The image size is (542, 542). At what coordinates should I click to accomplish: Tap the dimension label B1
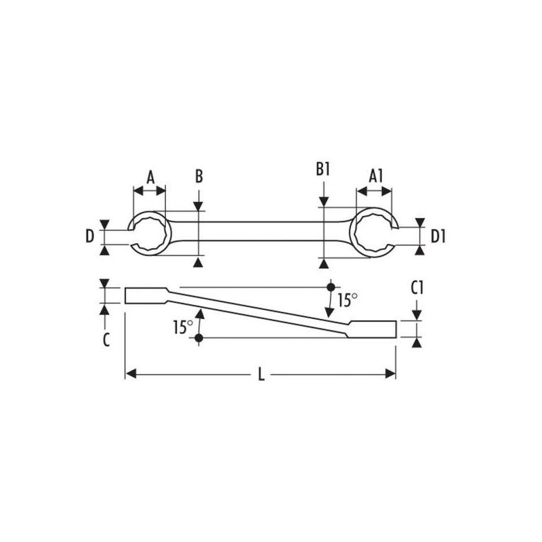point(322,169)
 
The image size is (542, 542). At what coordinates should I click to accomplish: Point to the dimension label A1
point(377,175)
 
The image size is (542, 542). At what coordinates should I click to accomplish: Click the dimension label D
point(89,236)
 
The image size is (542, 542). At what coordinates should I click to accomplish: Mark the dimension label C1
point(417,288)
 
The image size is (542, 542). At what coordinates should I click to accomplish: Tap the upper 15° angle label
point(348,299)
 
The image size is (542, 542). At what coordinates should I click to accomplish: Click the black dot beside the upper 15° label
point(330,287)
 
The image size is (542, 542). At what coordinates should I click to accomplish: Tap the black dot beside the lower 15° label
point(199,337)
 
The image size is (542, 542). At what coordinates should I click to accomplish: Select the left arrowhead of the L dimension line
point(131,373)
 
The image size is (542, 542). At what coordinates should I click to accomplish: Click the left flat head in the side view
point(145,296)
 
